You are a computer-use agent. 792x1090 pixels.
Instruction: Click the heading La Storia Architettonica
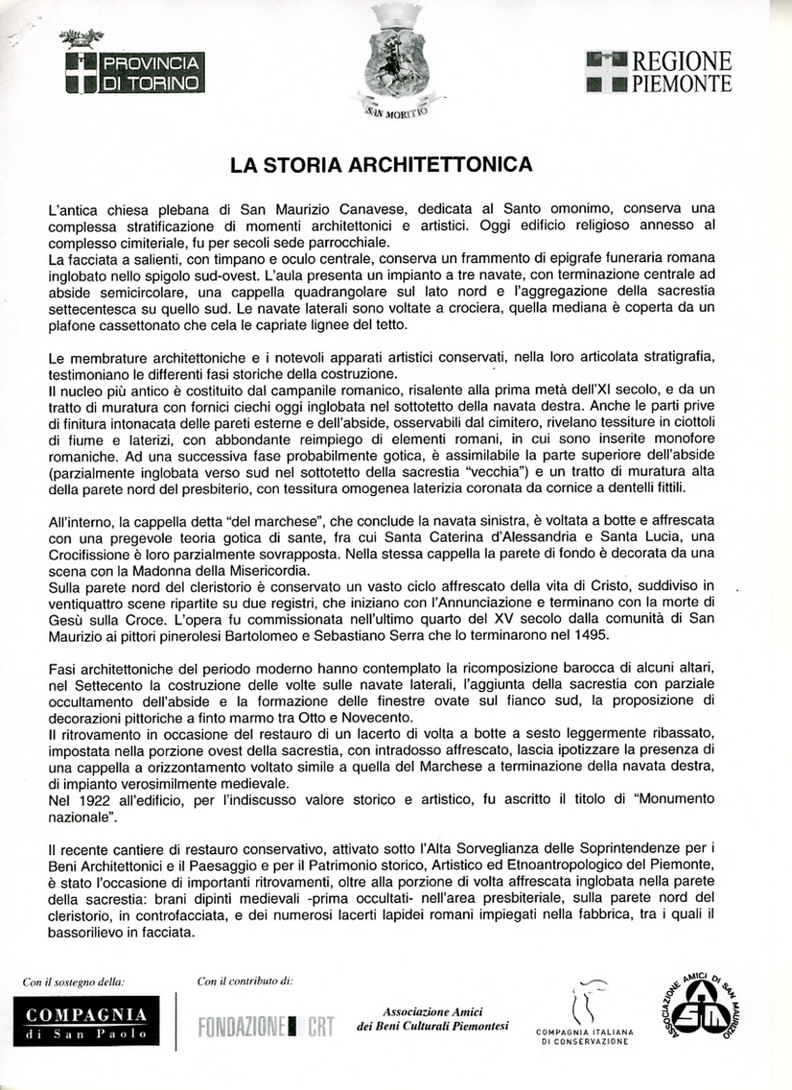380,166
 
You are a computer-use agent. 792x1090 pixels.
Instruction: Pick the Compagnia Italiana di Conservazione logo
585,1014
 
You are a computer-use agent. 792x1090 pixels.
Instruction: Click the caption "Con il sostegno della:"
74,982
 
